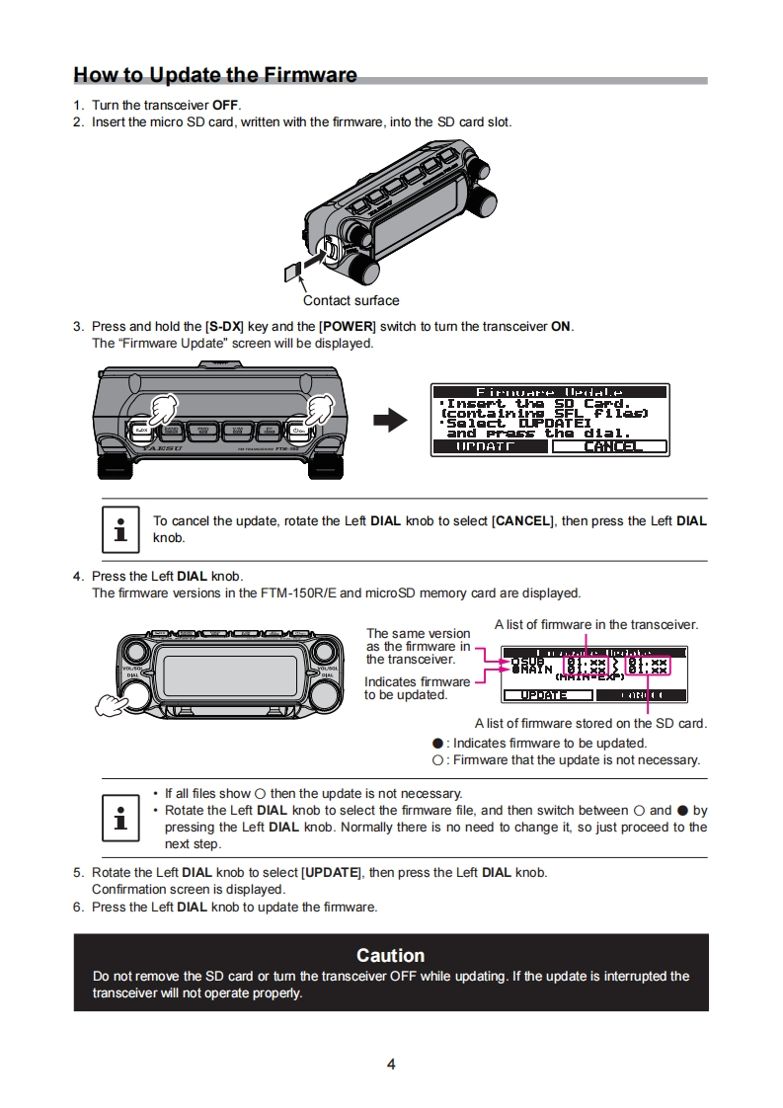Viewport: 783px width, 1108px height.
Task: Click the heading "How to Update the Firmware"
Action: click(x=215, y=76)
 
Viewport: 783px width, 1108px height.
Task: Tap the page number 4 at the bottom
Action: click(x=391, y=1065)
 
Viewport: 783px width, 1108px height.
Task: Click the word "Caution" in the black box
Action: click(x=391, y=955)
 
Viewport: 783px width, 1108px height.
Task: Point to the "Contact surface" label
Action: click(x=351, y=300)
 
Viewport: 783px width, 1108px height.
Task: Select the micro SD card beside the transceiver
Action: click(x=292, y=270)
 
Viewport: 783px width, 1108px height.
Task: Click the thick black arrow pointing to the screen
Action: click(x=390, y=421)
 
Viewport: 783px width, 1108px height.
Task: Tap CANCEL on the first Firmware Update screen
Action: click(x=609, y=446)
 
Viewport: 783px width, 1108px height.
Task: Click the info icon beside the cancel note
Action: click(x=120, y=529)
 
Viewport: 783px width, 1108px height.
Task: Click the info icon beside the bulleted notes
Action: click(x=120, y=819)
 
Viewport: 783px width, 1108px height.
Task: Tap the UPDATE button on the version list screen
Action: click(x=544, y=695)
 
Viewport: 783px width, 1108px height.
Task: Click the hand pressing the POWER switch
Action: click(x=318, y=408)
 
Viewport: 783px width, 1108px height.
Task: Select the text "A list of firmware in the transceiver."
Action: click(x=595, y=624)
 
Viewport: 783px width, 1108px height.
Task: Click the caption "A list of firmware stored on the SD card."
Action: click(x=590, y=723)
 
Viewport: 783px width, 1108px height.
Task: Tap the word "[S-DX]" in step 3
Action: click(x=223, y=327)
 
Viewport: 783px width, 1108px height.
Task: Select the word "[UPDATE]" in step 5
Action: click(x=332, y=873)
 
